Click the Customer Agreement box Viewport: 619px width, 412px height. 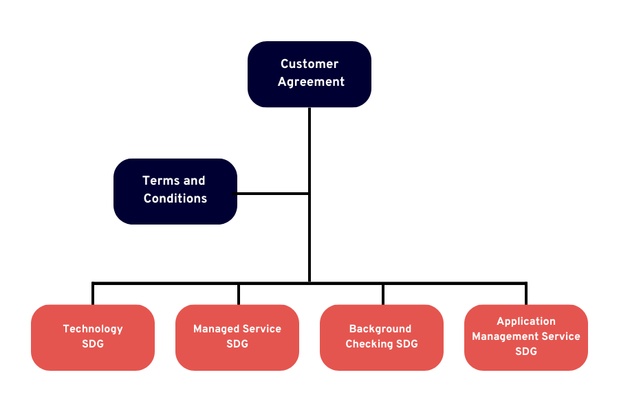coord(309,74)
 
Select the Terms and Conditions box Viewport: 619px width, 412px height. coord(175,191)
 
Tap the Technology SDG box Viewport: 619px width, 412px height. coord(93,337)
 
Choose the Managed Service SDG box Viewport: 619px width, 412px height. coord(237,337)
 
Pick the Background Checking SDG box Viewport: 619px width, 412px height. coord(382,337)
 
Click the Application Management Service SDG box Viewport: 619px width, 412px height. coord(526,337)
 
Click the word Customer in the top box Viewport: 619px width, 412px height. coord(309,64)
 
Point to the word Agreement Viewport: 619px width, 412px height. coord(311,82)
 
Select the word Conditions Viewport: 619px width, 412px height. coord(175,198)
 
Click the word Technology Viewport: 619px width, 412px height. coord(93,329)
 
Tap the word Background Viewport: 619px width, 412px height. coord(380,329)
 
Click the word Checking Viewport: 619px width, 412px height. coord(369,344)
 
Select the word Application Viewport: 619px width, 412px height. coord(526,321)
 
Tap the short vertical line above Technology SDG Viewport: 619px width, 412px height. coord(93,294)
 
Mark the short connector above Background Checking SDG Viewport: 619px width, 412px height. coord(383,294)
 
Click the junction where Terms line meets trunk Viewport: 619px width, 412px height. coord(309,194)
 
